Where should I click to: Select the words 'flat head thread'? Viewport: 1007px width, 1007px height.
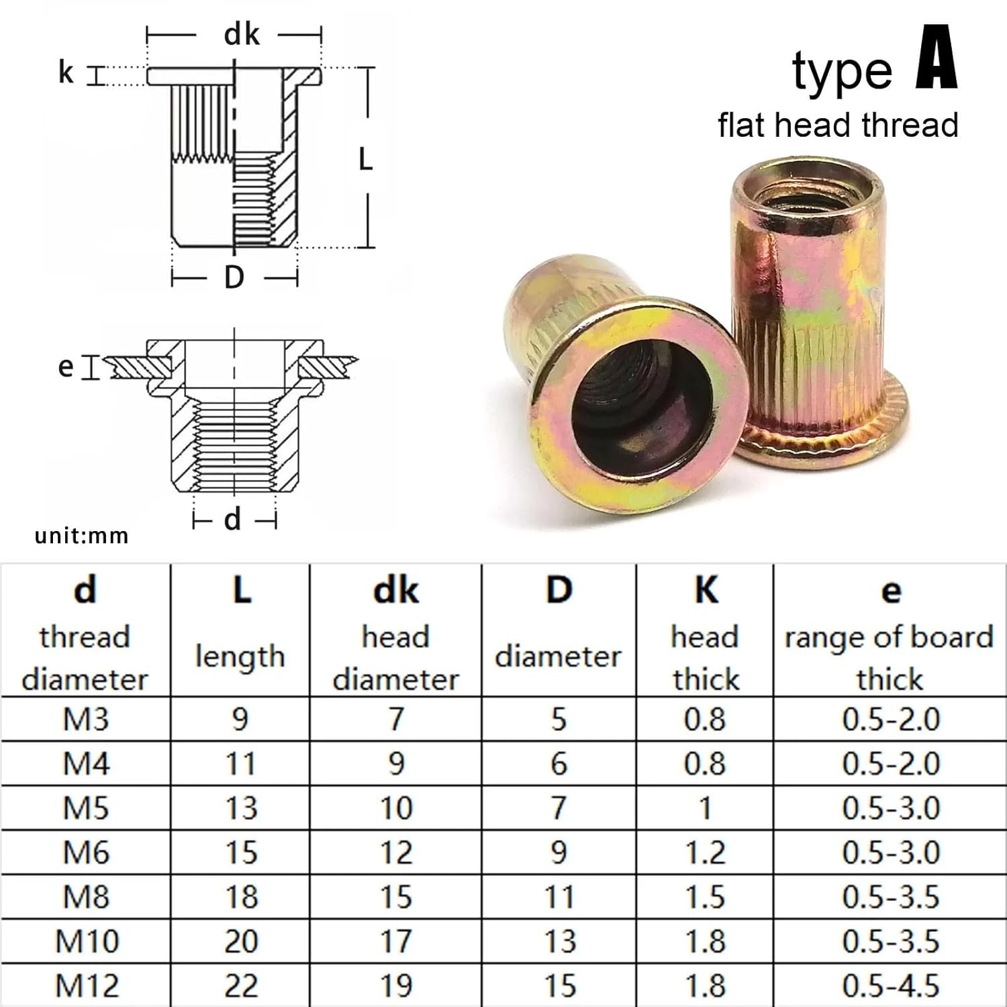(838, 126)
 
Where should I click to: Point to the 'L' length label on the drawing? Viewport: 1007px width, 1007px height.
(365, 159)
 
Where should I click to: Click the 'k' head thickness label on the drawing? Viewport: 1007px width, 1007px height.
(66, 73)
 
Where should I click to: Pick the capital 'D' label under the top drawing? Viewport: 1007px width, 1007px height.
(234, 277)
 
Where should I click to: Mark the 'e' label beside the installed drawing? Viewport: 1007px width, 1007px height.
(65, 367)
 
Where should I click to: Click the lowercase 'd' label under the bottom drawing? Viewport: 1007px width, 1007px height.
(232, 520)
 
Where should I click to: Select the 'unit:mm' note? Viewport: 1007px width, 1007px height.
(81, 536)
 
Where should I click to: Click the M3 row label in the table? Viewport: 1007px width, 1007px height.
(86, 719)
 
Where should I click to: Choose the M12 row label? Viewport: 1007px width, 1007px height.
(87, 986)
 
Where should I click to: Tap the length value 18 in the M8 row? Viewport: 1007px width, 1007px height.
(240, 897)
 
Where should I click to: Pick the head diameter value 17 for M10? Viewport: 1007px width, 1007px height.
(395, 941)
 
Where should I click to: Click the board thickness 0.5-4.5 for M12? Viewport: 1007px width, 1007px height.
(890, 986)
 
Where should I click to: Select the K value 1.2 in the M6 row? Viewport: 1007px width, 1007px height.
(705, 853)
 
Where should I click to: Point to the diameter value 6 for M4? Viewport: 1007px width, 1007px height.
(559, 764)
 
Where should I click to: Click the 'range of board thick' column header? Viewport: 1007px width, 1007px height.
(890, 657)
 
